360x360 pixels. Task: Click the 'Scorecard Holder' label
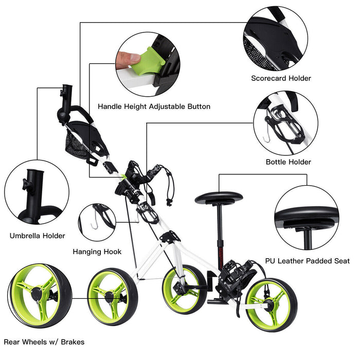(x=281, y=78)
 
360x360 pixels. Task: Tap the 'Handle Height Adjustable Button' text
(x=154, y=106)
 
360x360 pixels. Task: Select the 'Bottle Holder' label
(x=288, y=162)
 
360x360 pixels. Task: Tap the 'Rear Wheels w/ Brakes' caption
(x=44, y=341)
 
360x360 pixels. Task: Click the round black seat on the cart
(x=218, y=197)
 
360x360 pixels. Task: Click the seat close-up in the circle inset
(x=306, y=218)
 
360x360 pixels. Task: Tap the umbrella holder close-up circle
(x=37, y=192)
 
